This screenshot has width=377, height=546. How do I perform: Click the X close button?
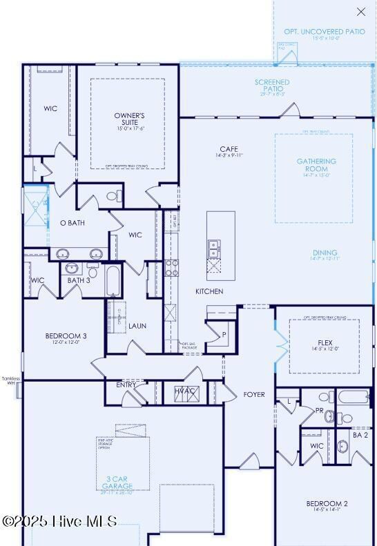tap(361, 12)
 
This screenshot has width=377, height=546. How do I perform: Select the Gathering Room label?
tap(317, 165)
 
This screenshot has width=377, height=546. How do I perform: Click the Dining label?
tap(325, 253)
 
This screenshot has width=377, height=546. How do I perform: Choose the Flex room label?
tap(325, 342)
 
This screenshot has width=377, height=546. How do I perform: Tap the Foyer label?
tap(254, 395)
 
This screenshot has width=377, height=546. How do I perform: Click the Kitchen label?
tap(209, 291)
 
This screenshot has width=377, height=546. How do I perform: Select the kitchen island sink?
tap(214, 246)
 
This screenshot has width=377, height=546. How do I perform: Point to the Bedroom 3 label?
tap(66, 336)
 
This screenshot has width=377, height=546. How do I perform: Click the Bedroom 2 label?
tap(327, 504)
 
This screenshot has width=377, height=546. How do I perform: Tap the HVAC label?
tap(185, 391)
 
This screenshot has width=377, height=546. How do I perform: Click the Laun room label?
tap(137, 326)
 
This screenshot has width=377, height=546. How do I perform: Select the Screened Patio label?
tap(272, 86)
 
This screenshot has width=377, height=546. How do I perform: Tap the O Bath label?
tap(72, 223)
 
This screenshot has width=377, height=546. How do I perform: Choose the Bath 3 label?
tap(79, 280)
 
